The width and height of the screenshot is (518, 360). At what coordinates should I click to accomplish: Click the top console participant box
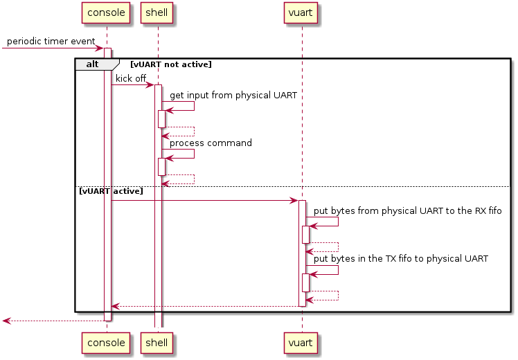click(106, 13)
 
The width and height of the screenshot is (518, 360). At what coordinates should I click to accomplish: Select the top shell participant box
click(157, 13)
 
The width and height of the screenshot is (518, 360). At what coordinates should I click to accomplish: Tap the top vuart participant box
click(301, 13)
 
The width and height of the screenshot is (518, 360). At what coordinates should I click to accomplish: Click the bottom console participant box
click(106, 343)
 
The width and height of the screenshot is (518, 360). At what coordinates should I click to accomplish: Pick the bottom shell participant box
click(157, 343)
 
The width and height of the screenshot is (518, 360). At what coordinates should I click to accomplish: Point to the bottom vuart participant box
click(301, 343)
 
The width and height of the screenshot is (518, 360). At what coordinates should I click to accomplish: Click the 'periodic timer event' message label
click(51, 42)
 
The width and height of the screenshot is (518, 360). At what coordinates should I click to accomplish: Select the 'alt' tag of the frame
click(93, 64)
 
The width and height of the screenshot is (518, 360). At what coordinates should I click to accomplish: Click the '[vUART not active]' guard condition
click(171, 64)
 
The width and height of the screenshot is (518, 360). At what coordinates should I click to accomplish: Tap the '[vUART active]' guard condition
click(111, 191)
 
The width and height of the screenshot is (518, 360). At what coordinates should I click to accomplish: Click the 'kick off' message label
click(131, 79)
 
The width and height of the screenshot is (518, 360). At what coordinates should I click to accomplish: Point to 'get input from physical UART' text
click(233, 96)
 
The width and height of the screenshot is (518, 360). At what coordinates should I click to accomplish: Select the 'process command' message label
click(211, 143)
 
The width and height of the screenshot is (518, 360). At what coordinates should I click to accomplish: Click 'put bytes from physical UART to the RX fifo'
click(408, 210)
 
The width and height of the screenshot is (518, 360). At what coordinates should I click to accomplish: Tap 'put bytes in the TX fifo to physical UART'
click(401, 259)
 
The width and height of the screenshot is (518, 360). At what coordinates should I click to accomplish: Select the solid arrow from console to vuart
click(205, 201)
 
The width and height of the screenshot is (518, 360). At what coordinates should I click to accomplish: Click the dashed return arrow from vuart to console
click(205, 306)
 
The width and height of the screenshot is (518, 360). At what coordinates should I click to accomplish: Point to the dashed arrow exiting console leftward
click(53, 321)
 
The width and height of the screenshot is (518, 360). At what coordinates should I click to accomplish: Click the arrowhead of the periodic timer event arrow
click(100, 48)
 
